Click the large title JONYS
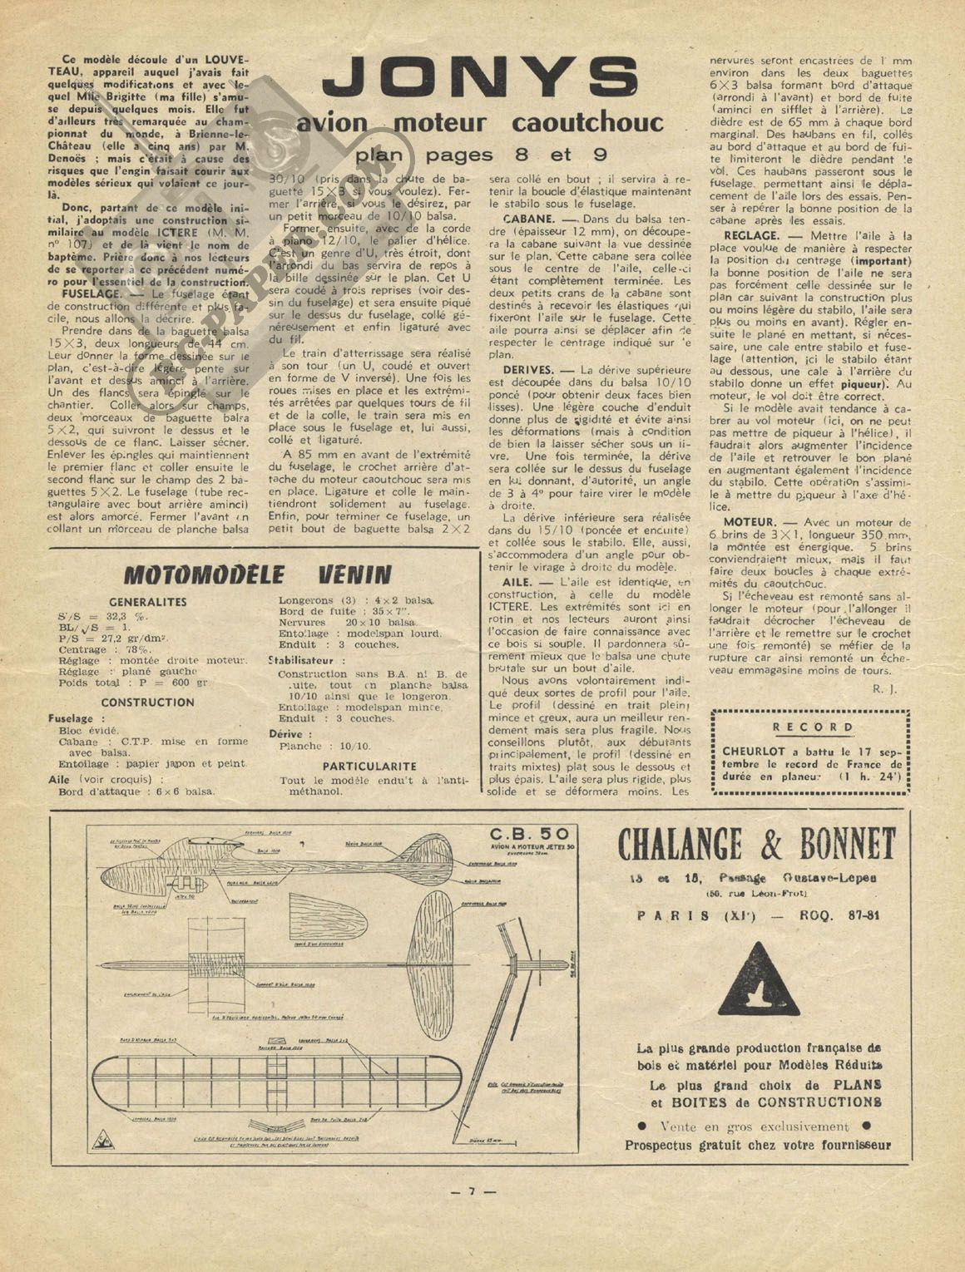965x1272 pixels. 481,80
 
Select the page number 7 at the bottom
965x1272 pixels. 472,1191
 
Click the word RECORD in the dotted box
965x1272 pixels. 812,727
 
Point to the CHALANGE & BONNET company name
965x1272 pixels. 756,846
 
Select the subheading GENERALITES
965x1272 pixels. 148,602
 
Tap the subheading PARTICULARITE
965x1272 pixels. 369,766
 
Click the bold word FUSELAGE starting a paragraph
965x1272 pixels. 90,294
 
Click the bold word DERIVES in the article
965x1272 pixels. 527,369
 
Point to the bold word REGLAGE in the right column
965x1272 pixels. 751,236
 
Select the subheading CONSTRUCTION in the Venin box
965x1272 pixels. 148,702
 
